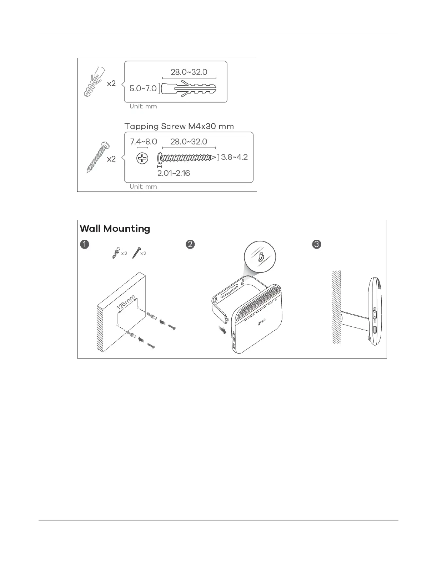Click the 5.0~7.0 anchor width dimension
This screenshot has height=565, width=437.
[x=143, y=88]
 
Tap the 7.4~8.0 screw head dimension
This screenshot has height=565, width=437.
[x=144, y=142]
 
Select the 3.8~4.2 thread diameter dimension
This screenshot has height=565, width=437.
[x=234, y=157]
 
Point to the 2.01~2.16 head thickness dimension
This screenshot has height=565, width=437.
[x=174, y=173]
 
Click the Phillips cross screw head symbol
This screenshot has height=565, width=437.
[x=142, y=158]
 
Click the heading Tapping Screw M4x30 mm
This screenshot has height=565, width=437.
[x=179, y=126]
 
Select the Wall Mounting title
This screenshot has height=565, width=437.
[x=115, y=229]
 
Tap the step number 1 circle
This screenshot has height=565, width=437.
[x=84, y=244]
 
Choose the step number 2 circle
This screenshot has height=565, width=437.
[x=191, y=244]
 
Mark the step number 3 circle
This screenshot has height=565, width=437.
[x=317, y=244]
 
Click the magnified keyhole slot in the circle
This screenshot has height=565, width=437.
[x=261, y=256]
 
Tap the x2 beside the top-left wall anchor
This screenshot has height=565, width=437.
[x=111, y=83]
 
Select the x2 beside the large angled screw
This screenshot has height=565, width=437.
[x=111, y=159]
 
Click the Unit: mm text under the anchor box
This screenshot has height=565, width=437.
[x=143, y=106]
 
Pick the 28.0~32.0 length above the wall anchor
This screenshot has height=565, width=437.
[x=189, y=72]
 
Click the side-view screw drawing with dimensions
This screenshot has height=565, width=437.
[x=186, y=157]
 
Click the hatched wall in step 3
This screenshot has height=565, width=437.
[x=336, y=307]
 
